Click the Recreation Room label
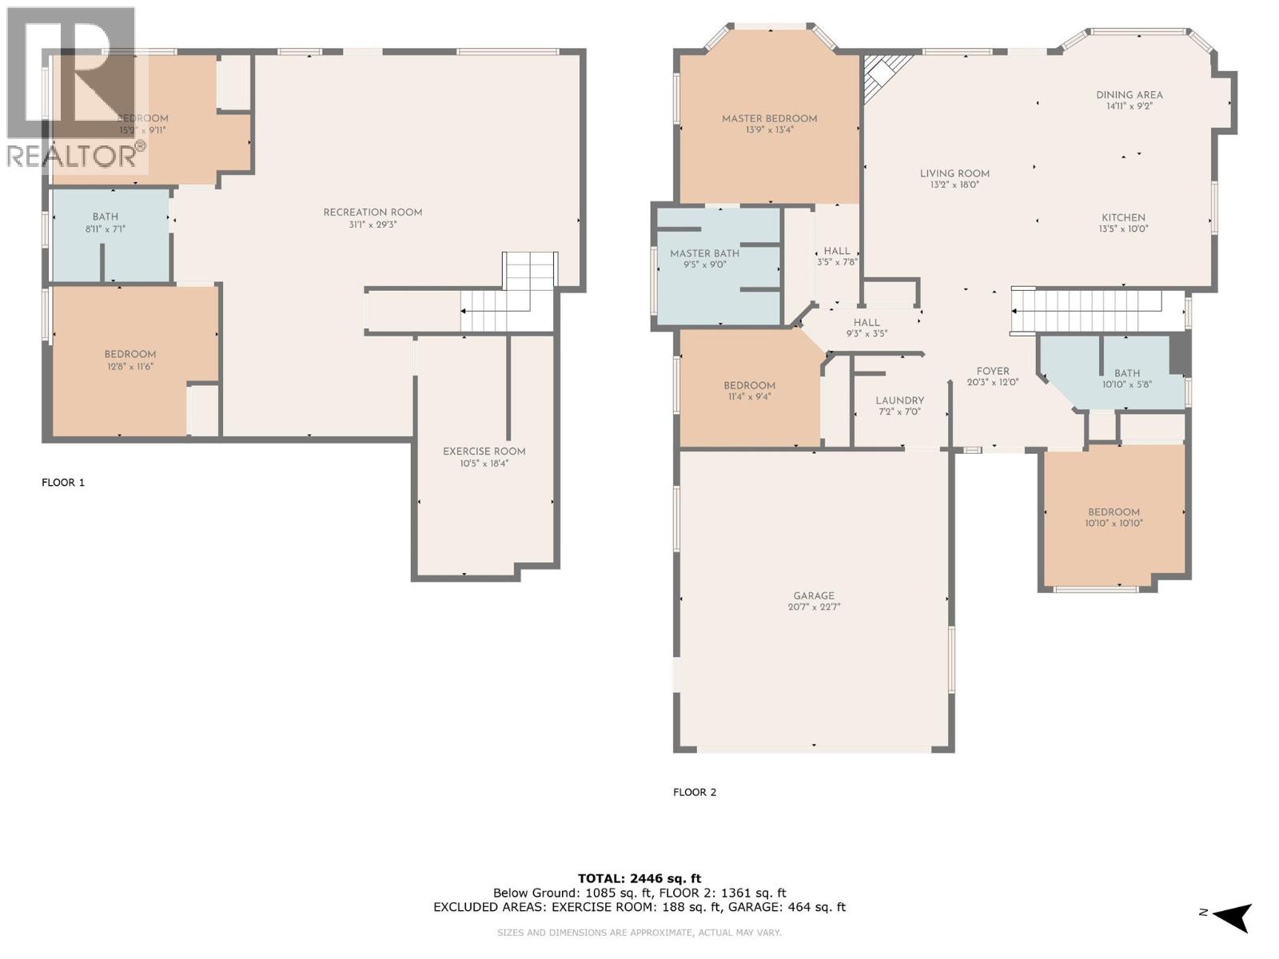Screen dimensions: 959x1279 (x=373, y=213)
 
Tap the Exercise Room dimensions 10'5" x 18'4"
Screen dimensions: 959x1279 (x=484, y=463)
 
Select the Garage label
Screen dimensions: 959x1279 (x=814, y=595)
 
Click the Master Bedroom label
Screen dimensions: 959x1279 (x=769, y=118)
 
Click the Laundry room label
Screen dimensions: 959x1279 (x=899, y=400)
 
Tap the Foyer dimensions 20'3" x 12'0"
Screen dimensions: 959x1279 (x=993, y=382)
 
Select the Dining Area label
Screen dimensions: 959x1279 (x=1129, y=95)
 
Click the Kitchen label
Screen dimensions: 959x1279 (x=1123, y=217)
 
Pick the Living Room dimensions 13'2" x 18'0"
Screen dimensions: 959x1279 (x=954, y=185)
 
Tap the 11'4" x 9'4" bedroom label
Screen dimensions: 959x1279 (x=749, y=385)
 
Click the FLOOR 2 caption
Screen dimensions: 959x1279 (x=695, y=792)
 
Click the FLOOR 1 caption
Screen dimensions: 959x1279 (x=63, y=482)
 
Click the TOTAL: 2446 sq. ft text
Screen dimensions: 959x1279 (x=639, y=878)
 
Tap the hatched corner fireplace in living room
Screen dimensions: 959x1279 (x=883, y=74)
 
